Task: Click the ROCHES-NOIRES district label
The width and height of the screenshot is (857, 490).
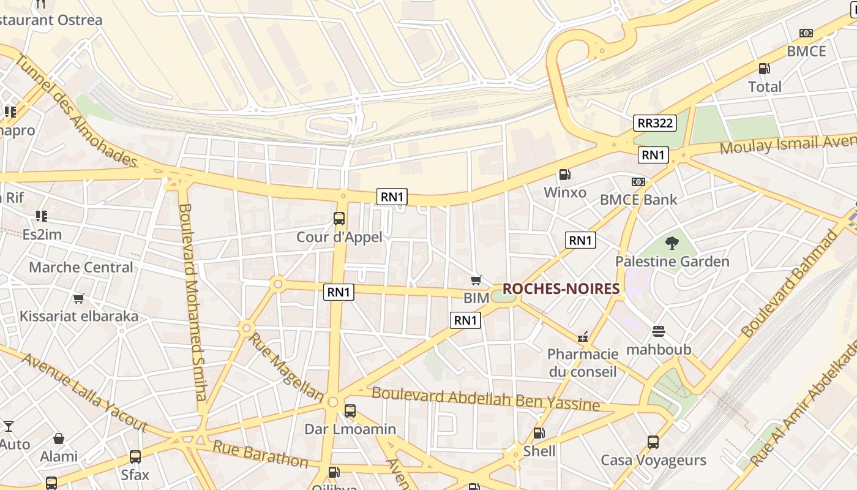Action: click(561, 288)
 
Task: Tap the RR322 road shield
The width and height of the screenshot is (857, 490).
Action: click(654, 123)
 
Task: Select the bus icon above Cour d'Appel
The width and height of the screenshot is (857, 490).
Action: click(339, 219)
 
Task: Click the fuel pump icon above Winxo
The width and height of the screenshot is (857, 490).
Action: click(565, 175)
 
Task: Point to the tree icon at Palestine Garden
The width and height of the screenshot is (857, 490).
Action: click(672, 243)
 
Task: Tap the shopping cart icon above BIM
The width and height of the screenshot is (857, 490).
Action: click(476, 281)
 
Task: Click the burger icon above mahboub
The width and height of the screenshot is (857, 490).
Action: click(659, 331)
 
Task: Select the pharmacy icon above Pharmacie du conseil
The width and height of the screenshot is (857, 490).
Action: click(583, 336)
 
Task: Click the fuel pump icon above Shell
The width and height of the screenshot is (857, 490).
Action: click(539, 433)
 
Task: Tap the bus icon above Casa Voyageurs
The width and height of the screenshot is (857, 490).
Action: click(653, 442)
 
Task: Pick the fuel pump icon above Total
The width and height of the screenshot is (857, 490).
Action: click(765, 69)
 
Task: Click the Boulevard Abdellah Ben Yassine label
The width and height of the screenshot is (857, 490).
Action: click(486, 399)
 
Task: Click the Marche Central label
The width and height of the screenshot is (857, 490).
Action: click(81, 267)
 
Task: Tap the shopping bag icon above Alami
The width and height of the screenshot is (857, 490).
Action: click(59, 439)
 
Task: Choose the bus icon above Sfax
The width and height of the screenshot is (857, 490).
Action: click(135, 456)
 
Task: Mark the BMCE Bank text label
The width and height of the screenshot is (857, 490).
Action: click(638, 200)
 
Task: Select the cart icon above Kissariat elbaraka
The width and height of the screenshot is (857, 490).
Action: click(78, 299)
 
